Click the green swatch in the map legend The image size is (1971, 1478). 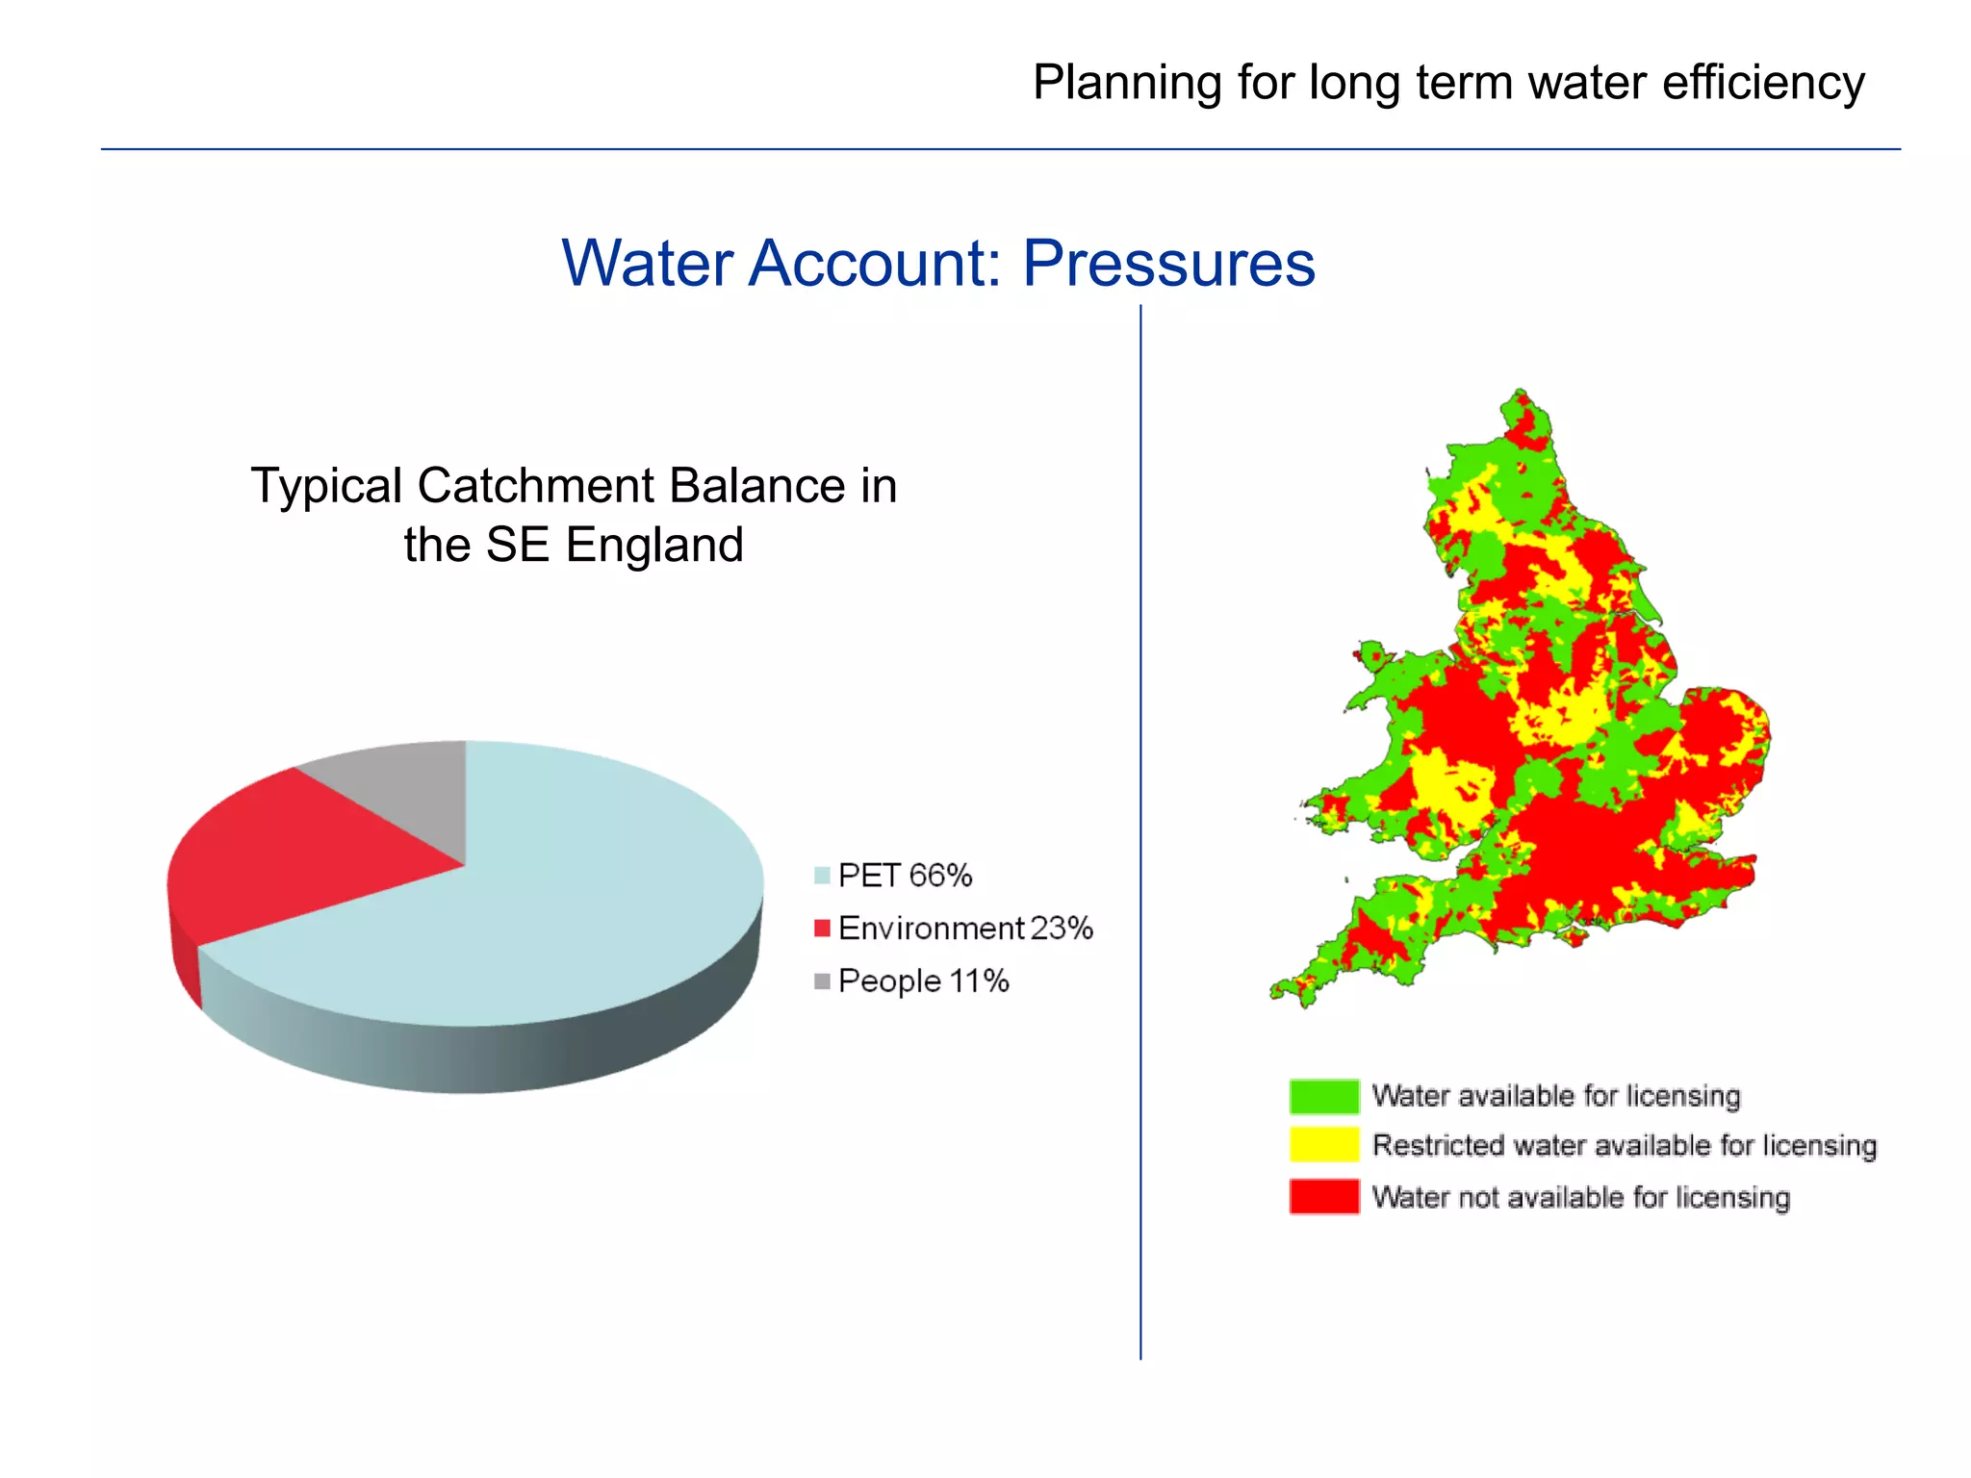pos(1323,1096)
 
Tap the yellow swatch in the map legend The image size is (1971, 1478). pos(1323,1145)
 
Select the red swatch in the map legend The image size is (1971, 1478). pos(1323,1197)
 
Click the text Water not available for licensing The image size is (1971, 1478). pos(1580,1197)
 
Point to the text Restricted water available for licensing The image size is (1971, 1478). pos(1624,1145)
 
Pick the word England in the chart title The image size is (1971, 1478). pos(654,545)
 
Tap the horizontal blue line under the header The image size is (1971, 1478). pos(962,149)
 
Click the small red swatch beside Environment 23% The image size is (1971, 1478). pos(821,929)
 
